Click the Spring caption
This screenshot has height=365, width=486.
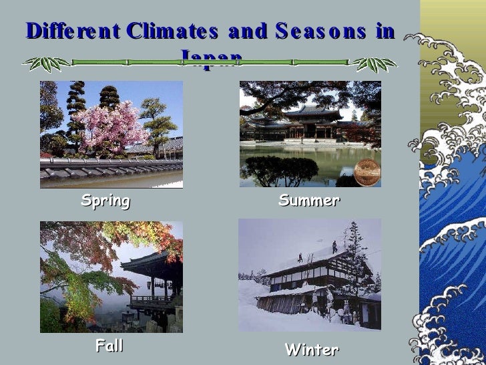[105, 201]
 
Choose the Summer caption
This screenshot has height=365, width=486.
[309, 201]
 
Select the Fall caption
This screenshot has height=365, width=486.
[109, 346]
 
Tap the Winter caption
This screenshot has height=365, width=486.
[312, 350]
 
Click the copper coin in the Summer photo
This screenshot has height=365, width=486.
[367, 172]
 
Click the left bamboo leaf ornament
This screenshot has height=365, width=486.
[46, 64]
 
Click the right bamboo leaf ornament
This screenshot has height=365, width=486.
[374, 64]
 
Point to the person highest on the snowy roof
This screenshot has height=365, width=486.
[334, 246]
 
